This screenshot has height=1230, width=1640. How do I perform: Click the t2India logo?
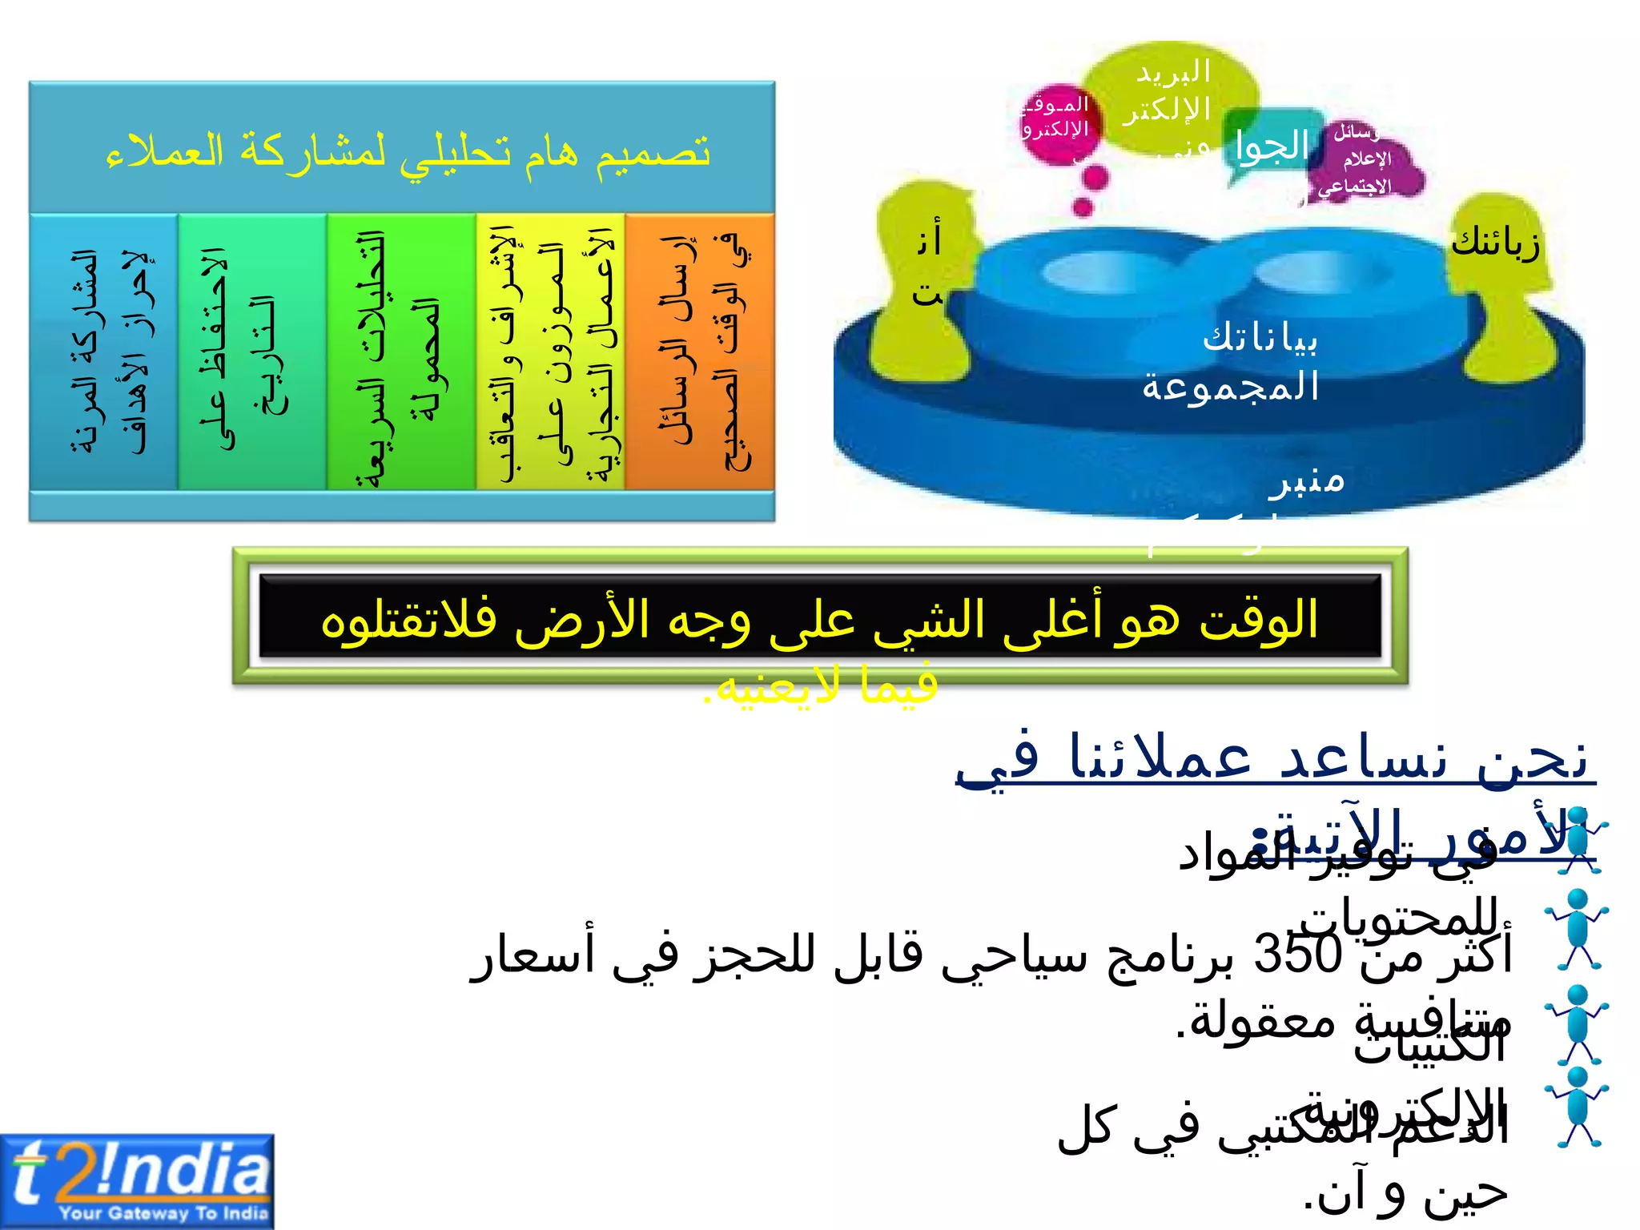click(x=137, y=1180)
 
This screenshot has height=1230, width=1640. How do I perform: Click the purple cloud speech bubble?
click(x=1365, y=160)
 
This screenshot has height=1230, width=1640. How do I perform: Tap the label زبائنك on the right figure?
click(x=1495, y=242)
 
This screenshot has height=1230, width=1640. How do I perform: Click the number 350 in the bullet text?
click(x=1297, y=954)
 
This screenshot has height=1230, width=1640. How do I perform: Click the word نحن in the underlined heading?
click(x=1533, y=757)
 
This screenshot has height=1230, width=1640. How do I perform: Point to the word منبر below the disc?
click(x=1307, y=481)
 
